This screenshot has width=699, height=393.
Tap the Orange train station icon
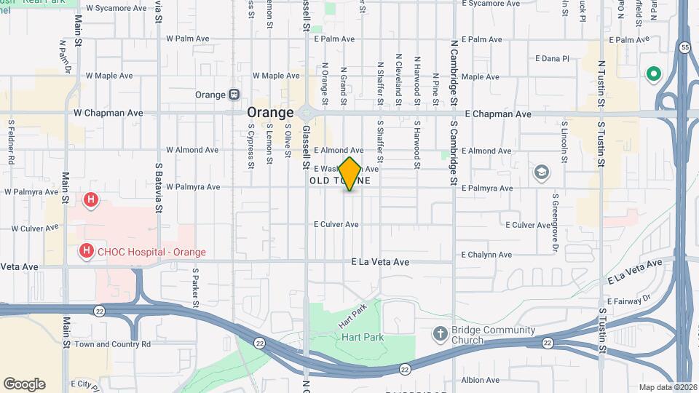click(234, 95)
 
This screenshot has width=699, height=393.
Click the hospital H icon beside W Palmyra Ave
click(91, 199)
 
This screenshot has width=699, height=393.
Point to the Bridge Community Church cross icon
click(440, 334)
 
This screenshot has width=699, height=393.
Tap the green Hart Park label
click(358, 337)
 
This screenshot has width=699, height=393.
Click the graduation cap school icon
click(541, 172)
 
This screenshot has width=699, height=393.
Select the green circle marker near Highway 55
click(653, 74)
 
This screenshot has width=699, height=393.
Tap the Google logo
click(24, 384)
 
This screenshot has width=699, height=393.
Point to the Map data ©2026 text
click(668, 387)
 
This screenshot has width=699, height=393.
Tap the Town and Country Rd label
click(112, 344)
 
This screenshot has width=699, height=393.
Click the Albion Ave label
click(481, 380)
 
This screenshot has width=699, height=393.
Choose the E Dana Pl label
click(552, 57)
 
